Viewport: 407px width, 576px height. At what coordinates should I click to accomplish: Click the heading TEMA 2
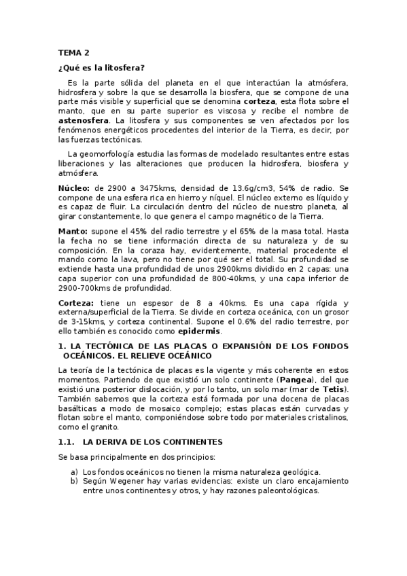(x=73, y=52)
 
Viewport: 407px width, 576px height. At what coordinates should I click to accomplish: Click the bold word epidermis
(x=200, y=331)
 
